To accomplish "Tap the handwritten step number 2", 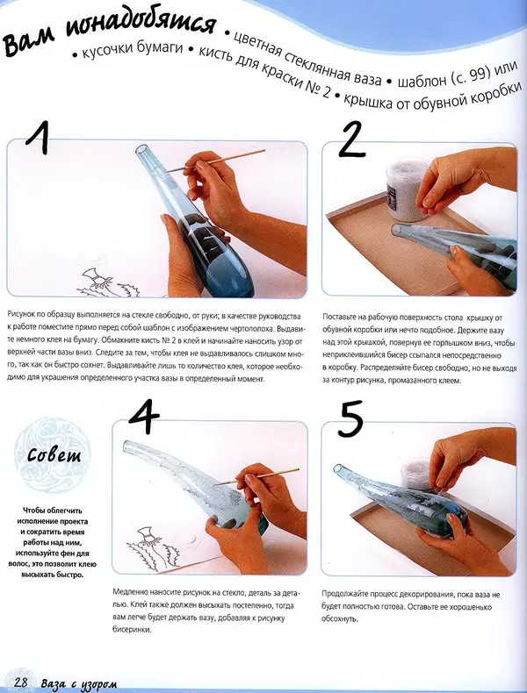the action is pyautogui.click(x=352, y=139).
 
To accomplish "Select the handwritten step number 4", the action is pyautogui.click(x=143, y=418).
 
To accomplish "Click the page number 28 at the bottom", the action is pyautogui.click(x=21, y=682).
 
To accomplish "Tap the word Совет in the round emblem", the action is pyautogui.click(x=54, y=454).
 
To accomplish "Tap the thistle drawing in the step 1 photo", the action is pyautogui.click(x=107, y=282).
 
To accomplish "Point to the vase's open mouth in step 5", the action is pyautogui.click(x=337, y=468).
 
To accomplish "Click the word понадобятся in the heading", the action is pyautogui.click(x=141, y=25).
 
